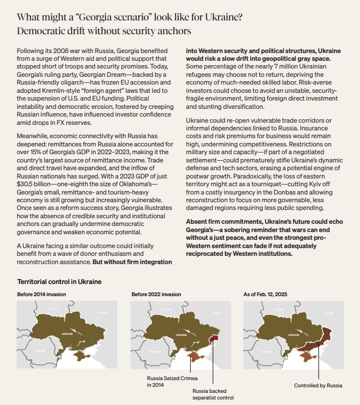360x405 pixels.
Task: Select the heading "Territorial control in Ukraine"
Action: tap(59, 282)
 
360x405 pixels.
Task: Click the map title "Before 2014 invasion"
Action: tap(40, 294)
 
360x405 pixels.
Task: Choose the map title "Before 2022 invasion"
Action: tap(156, 294)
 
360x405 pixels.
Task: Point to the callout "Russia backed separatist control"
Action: tap(213, 394)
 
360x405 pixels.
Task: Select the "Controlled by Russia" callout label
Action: tap(317, 385)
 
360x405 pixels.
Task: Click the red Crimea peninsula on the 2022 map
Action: tap(194, 357)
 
